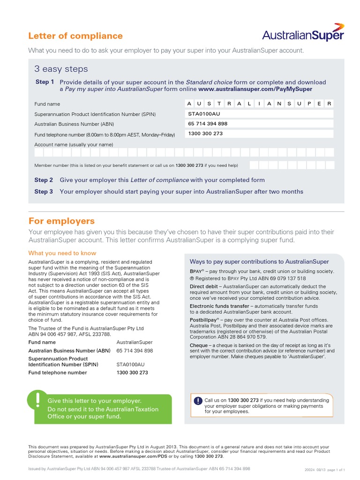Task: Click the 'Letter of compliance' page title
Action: click(75, 36)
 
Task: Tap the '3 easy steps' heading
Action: click(61, 69)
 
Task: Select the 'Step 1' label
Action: click(45, 82)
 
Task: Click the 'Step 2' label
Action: click(44, 180)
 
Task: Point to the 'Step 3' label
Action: click(44, 192)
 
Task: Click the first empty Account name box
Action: click(39, 152)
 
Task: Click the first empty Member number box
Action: click(254, 165)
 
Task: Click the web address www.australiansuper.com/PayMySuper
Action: click(255, 89)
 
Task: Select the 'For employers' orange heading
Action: click(61, 221)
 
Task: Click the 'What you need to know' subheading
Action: click(62, 253)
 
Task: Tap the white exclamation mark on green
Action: click(37, 399)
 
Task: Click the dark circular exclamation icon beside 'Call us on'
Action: click(198, 400)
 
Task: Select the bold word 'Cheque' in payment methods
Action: click(199, 345)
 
